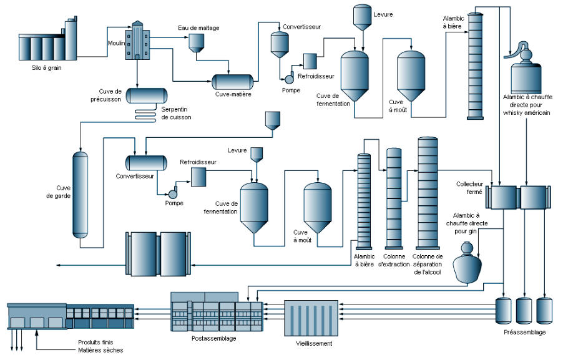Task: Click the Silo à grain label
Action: tap(46, 67)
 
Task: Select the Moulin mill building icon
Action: tap(137, 40)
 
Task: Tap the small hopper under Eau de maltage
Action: tap(197, 43)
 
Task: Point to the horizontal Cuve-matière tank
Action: tap(232, 82)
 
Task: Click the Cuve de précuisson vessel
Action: tap(147, 96)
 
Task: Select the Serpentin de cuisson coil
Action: tap(145, 115)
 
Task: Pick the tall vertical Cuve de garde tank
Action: tap(80, 195)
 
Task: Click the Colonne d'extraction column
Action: tap(394, 198)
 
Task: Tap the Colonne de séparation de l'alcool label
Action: tap(428, 264)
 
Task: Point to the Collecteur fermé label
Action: tap(469, 188)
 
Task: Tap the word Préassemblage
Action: tap(524, 333)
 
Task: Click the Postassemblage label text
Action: tap(213, 338)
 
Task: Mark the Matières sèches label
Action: tap(100, 350)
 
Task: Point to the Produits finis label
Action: tap(95, 342)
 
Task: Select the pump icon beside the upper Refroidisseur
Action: tap(290, 78)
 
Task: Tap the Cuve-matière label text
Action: tap(233, 94)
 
